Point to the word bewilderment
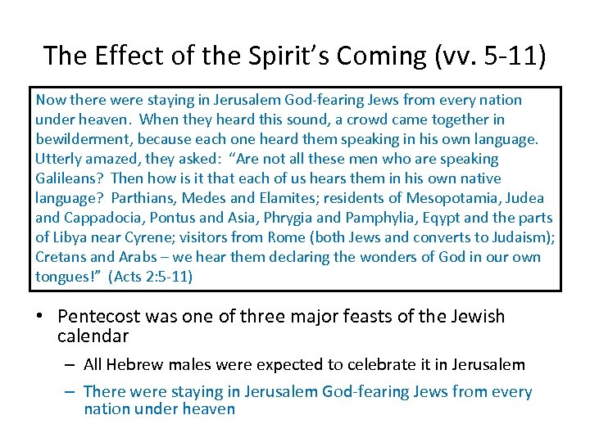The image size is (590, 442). click(x=83, y=139)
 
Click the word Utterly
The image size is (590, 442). click(x=57, y=159)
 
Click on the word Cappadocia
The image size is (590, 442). click(x=98, y=218)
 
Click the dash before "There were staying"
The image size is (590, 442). click(x=70, y=393)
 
